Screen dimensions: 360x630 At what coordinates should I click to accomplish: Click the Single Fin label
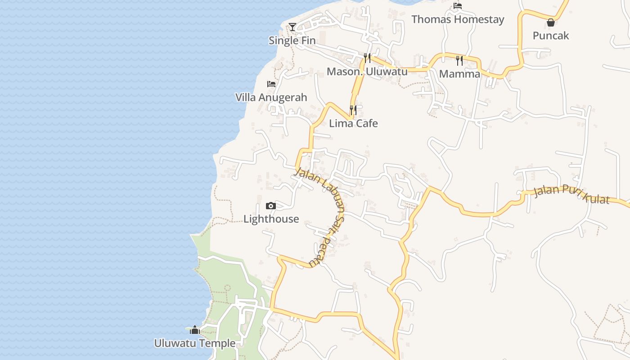pos(292,40)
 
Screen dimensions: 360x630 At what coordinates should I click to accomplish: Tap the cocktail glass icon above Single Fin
pos(292,27)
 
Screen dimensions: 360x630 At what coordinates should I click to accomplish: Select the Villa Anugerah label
pos(271,97)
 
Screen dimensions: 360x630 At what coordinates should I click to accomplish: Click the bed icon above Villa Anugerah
pos(271,84)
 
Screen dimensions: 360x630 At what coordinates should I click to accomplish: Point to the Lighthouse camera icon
pos(271,206)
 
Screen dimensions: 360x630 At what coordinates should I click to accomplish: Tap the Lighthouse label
pos(271,219)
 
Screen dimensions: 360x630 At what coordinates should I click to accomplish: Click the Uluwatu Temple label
pos(195,343)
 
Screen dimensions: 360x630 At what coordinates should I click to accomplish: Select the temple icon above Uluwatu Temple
pos(194,330)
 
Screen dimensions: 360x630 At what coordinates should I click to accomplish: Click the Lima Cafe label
pos(353,123)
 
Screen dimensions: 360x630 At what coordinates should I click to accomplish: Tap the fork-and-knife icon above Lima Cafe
pos(353,109)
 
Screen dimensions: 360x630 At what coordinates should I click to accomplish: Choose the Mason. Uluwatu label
pos(367,72)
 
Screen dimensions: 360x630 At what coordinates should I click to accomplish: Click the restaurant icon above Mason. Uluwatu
pos(367,58)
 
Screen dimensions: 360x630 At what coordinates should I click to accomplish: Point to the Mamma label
pos(459,74)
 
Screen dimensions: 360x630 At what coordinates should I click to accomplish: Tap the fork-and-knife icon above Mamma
pos(459,60)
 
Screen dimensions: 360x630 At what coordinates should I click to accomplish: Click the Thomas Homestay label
pos(458,19)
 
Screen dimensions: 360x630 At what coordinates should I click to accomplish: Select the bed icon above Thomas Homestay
pos(458,6)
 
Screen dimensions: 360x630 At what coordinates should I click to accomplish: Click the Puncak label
pos(551,36)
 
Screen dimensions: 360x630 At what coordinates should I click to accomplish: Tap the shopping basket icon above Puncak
pos(551,22)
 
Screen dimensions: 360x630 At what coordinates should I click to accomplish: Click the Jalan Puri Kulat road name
pos(571,194)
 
